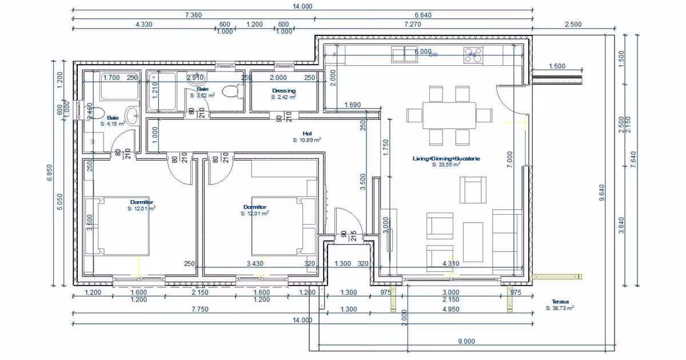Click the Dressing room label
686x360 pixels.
(x=284, y=90)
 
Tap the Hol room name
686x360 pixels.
(x=306, y=133)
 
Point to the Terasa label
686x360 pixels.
(x=560, y=301)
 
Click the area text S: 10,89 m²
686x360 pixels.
(x=306, y=140)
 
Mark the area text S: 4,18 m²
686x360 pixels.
(x=113, y=123)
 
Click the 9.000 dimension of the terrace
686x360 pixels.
(x=466, y=342)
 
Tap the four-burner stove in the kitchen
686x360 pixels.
(x=473, y=55)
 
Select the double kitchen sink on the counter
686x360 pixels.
(x=405, y=54)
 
